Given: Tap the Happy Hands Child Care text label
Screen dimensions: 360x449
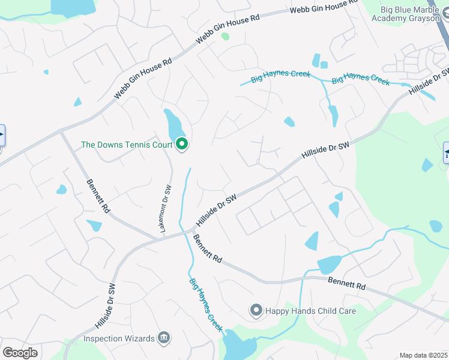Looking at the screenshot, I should point(311,311).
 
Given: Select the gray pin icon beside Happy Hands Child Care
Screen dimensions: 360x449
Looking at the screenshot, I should point(256,310).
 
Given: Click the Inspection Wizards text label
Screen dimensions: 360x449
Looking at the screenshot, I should point(119,338).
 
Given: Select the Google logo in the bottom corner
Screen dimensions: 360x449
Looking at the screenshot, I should point(20,353).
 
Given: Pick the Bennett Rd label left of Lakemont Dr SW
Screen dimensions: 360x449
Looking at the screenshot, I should point(98,196).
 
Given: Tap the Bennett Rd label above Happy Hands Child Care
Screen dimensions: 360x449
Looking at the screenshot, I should point(347,283).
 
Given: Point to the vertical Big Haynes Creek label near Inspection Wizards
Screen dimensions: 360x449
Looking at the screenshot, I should point(206,305).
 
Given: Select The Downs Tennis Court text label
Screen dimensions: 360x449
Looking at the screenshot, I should point(127,145).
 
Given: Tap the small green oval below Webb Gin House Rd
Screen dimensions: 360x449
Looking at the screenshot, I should point(225,36).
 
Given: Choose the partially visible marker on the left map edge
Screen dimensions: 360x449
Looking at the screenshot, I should point(2,135).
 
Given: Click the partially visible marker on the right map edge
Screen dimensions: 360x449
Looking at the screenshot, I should point(446,152).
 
